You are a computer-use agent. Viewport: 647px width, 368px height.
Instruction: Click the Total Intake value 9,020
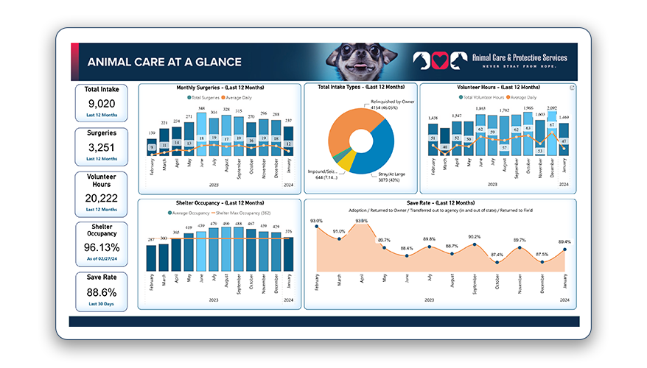(x=102, y=105)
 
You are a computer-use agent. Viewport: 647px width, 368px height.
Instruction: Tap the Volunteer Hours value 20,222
(x=102, y=198)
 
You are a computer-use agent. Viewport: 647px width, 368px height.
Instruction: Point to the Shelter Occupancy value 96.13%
(x=102, y=247)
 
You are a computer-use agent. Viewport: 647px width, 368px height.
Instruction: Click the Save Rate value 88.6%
(x=102, y=292)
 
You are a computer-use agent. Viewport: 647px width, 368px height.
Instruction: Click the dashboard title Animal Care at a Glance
(x=164, y=63)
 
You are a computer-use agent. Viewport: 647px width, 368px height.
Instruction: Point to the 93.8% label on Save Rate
(x=361, y=221)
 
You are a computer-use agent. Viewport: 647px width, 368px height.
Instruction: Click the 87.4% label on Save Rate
(x=497, y=255)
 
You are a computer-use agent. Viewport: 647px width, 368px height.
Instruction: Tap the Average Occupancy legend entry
(x=189, y=212)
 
